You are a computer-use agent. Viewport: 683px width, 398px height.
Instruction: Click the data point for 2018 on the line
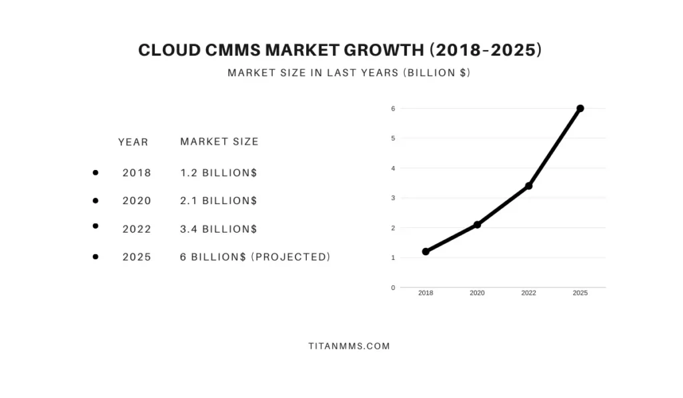pos(426,251)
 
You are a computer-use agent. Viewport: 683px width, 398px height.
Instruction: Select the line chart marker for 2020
pos(477,225)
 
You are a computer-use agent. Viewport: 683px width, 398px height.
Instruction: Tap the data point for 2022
pos(529,185)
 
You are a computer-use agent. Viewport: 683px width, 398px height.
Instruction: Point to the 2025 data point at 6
pos(580,108)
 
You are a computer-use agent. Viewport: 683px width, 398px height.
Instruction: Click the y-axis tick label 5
pos(393,138)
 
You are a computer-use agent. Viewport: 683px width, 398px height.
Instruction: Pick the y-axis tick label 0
pos(393,287)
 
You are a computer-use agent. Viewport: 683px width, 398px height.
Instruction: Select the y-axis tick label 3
pos(393,198)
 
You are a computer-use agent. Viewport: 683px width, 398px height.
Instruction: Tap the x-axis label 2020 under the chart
pos(477,293)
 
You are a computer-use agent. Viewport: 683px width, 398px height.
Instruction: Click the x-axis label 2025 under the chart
pos(580,293)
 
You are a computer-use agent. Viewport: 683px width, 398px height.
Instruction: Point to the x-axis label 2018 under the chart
pos(426,293)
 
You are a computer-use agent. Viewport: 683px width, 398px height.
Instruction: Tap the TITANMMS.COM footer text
pos(349,347)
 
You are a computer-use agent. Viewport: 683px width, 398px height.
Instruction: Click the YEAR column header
pos(133,142)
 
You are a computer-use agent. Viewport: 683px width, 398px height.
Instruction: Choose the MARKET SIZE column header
pos(219,141)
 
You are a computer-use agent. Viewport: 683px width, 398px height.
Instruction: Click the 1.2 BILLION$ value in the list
pos(219,173)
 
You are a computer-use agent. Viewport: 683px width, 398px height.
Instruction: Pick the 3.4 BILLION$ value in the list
pos(219,229)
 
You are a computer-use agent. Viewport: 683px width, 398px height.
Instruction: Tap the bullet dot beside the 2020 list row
pos(95,201)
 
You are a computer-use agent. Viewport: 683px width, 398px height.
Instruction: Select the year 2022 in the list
pos(137,229)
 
